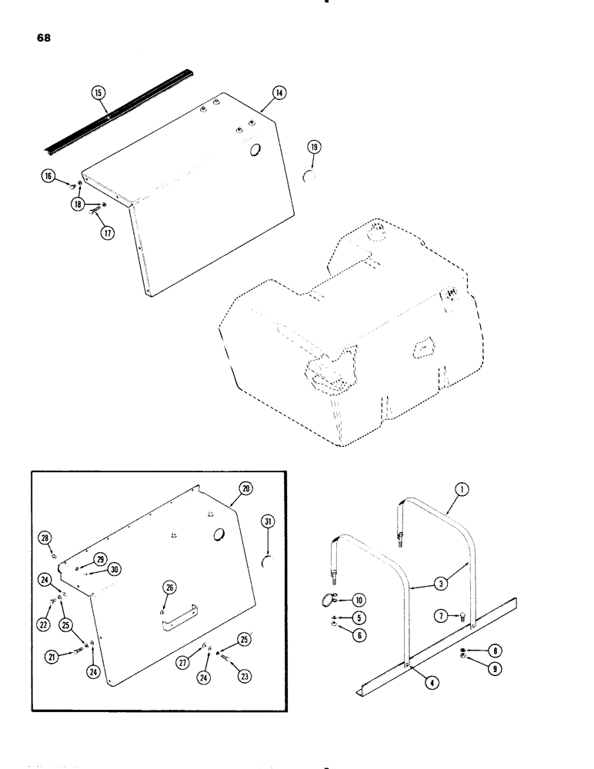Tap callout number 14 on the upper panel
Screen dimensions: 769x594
(x=278, y=92)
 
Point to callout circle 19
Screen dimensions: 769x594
(x=314, y=147)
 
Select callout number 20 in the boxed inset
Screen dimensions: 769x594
(x=245, y=489)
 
